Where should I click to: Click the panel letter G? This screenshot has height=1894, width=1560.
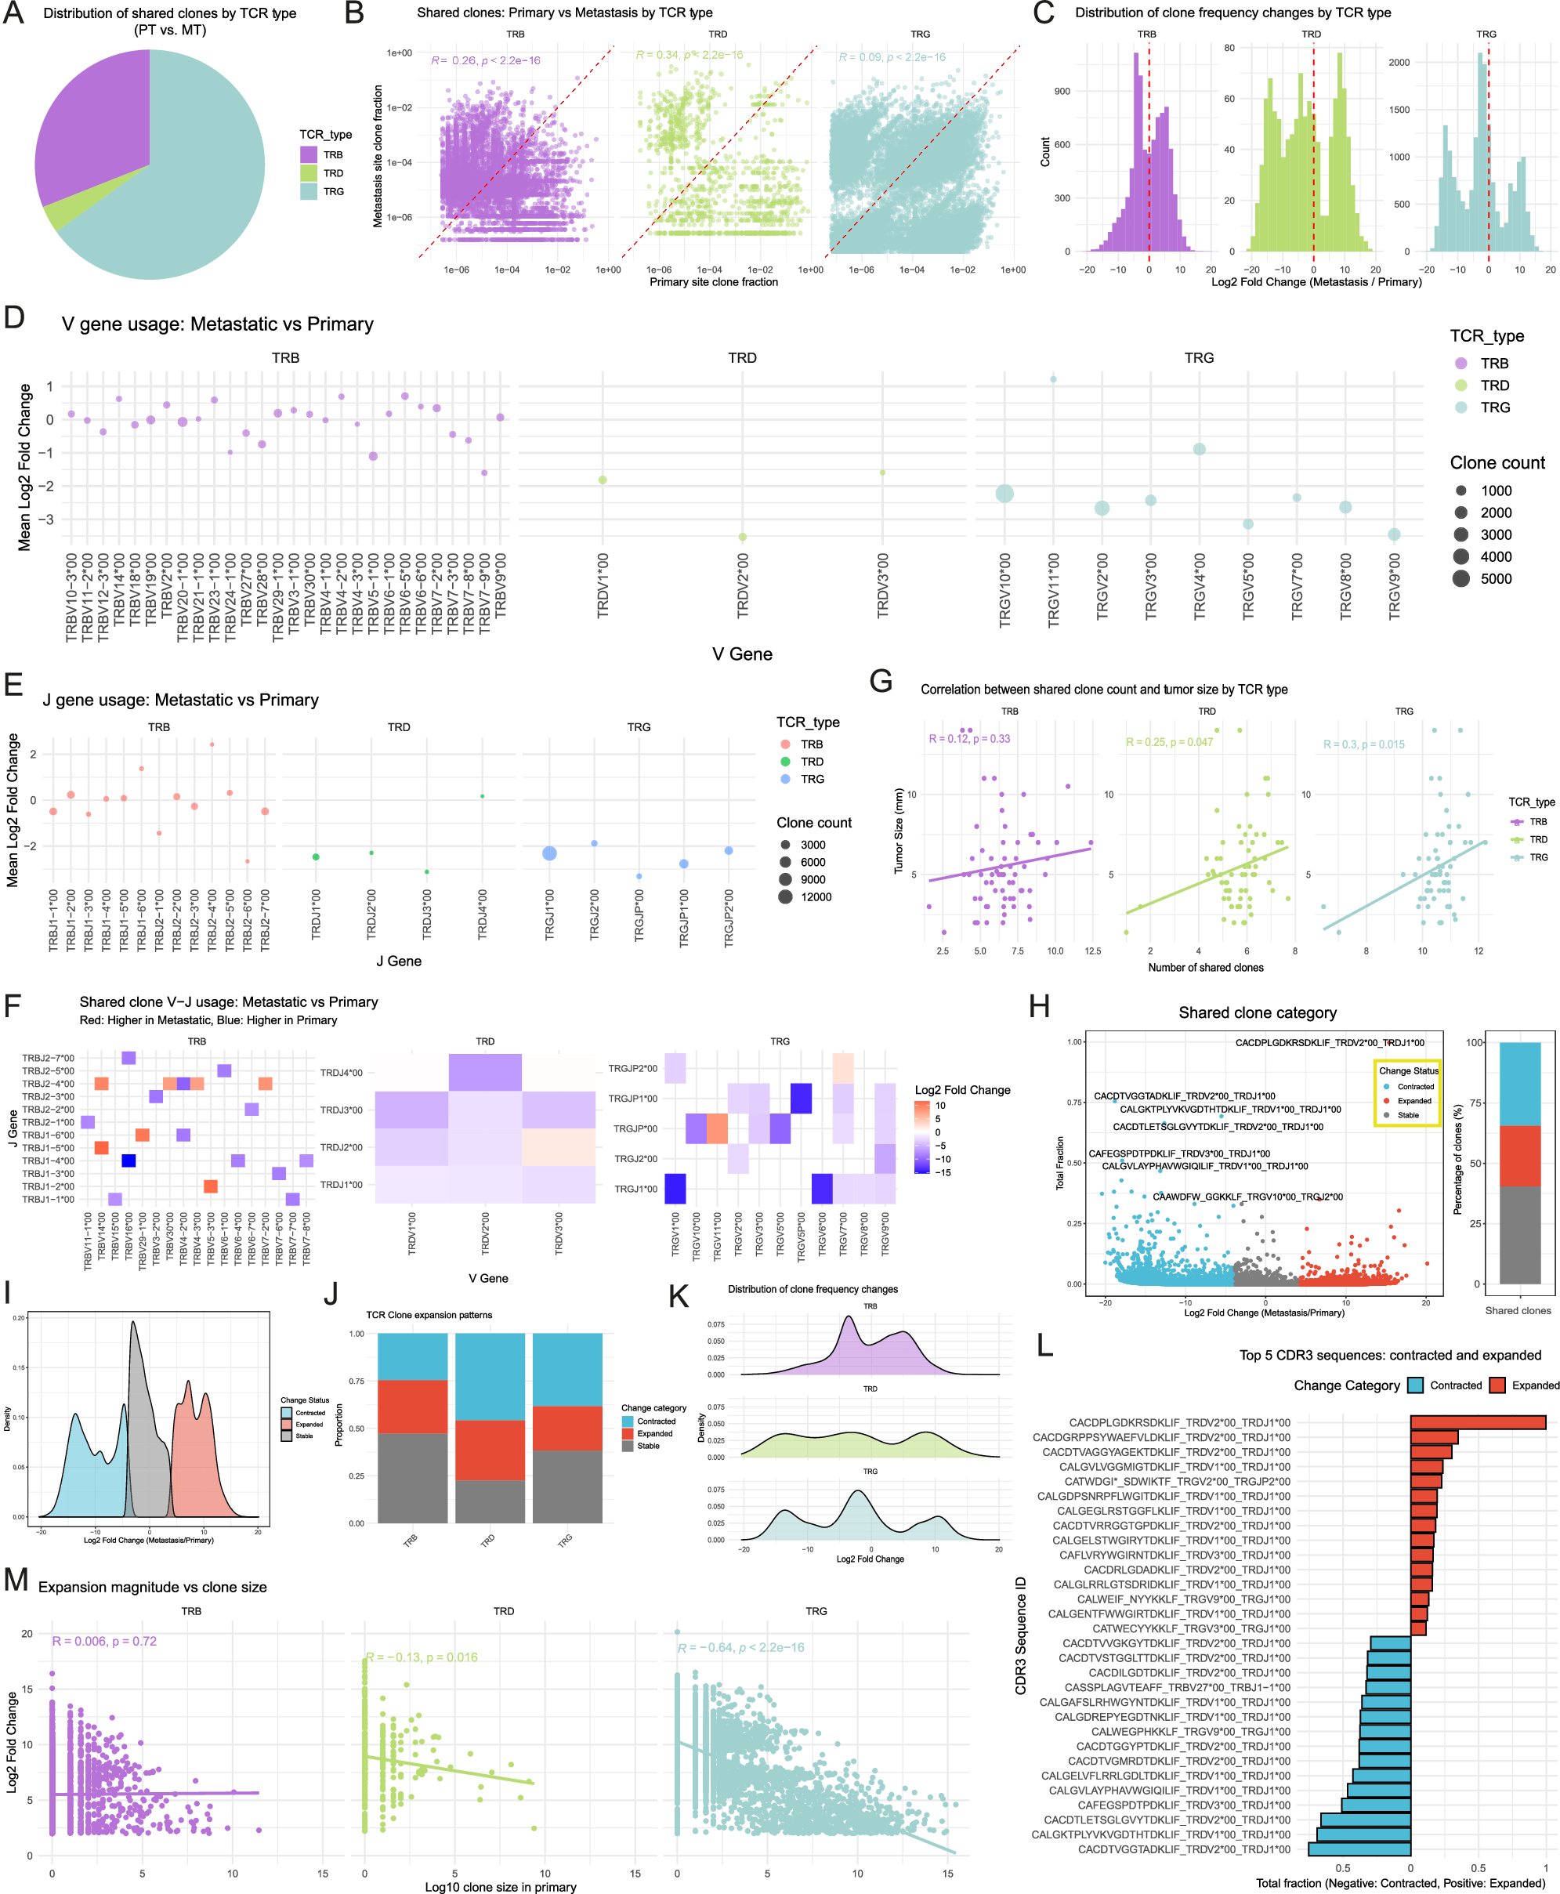point(881,681)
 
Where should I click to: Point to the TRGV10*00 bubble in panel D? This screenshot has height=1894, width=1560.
point(1004,493)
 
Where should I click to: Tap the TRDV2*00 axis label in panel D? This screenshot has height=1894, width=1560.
point(742,585)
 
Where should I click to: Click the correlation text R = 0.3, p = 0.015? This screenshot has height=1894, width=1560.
point(1363,744)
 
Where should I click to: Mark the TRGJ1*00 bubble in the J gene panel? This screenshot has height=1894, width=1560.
point(549,853)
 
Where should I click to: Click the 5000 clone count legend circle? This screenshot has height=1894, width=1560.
point(1461,578)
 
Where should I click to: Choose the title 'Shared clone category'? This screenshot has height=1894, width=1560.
point(1257,1012)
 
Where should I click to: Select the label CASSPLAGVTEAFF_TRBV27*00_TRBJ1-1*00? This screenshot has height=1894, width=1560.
point(1177,1687)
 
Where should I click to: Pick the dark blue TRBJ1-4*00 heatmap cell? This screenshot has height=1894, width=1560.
point(128,1161)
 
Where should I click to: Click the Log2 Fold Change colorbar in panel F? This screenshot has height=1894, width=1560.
point(922,1138)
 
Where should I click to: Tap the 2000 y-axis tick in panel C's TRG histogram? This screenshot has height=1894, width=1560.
point(1399,62)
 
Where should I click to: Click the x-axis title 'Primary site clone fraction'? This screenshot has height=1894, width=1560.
point(714,282)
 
